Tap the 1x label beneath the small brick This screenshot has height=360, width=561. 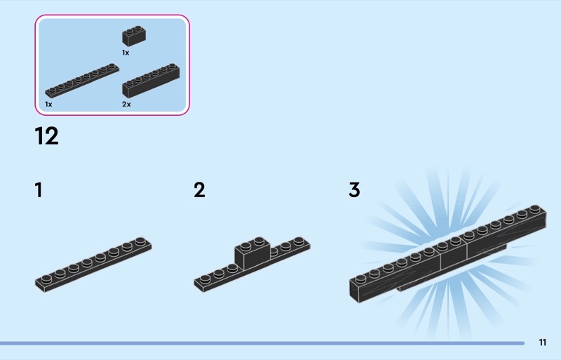[126, 53]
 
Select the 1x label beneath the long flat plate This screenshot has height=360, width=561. [48, 104]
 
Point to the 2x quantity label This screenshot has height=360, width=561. [126, 104]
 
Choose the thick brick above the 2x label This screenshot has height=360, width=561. [151, 80]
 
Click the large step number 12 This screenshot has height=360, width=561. [46, 136]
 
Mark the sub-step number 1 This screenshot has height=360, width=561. [39, 190]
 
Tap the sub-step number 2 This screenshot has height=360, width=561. [200, 190]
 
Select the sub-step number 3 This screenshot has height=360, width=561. [354, 190]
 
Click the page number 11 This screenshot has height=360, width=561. [543, 342]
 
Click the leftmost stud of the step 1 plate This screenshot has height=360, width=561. [46, 279]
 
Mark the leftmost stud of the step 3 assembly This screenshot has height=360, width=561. [361, 275]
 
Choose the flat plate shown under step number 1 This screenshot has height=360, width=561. [93, 264]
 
